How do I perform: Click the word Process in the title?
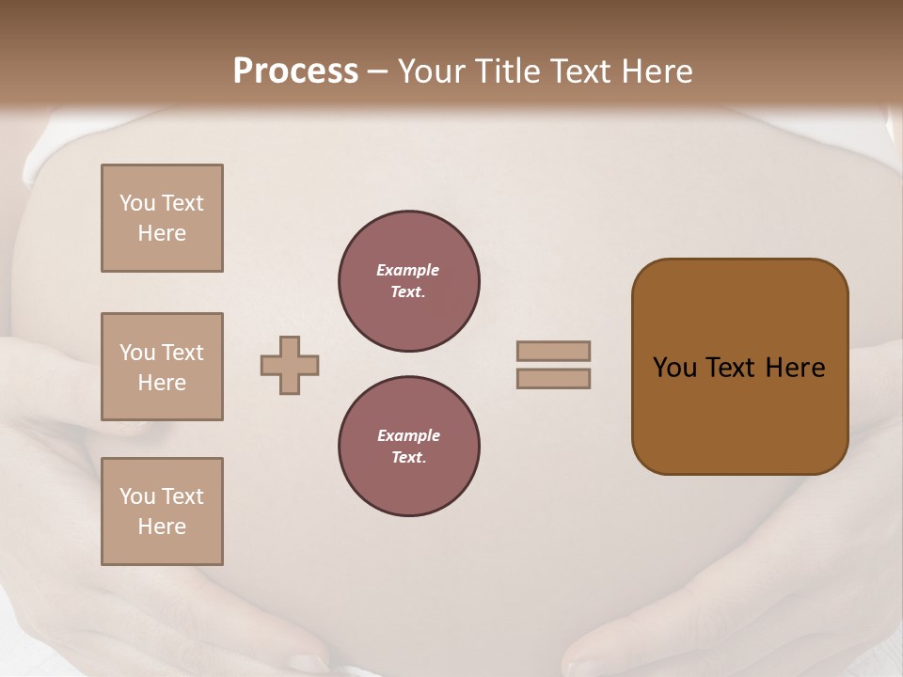[x=295, y=71]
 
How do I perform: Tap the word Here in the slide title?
[x=655, y=71]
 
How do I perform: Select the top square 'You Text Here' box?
[x=162, y=218]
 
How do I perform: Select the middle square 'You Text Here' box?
[x=162, y=367]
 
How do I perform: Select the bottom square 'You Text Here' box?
[x=162, y=512]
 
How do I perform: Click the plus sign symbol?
[x=290, y=365]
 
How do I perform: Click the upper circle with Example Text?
[x=408, y=281]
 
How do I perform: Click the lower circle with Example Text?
[x=408, y=447]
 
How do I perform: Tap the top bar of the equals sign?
[x=553, y=351]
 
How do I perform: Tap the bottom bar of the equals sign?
[x=553, y=379]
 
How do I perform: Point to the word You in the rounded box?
[x=673, y=368]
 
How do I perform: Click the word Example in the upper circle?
[x=407, y=270]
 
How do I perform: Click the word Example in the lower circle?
[x=408, y=435]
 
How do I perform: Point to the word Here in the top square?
[x=162, y=233]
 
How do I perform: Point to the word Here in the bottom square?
[x=162, y=527]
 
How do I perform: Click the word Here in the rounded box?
[x=796, y=368]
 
